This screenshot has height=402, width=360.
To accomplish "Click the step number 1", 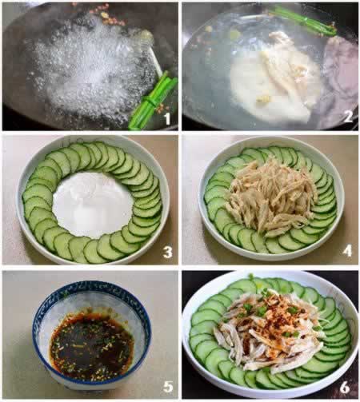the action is pos(167,118).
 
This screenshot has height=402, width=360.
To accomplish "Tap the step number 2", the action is pos(348,117).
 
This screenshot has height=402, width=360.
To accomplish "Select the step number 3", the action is pos(168,252).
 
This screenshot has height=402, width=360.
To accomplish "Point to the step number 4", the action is pos(347,251).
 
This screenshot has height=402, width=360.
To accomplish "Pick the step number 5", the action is pos(168,387).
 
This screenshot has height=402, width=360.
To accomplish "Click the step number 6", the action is pos(345,388).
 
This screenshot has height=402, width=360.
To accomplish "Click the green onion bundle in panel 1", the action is pos(152,102).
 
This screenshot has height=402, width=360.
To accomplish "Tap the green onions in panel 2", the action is pos(304,20).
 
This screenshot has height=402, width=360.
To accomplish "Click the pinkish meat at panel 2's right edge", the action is pos(342,80).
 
